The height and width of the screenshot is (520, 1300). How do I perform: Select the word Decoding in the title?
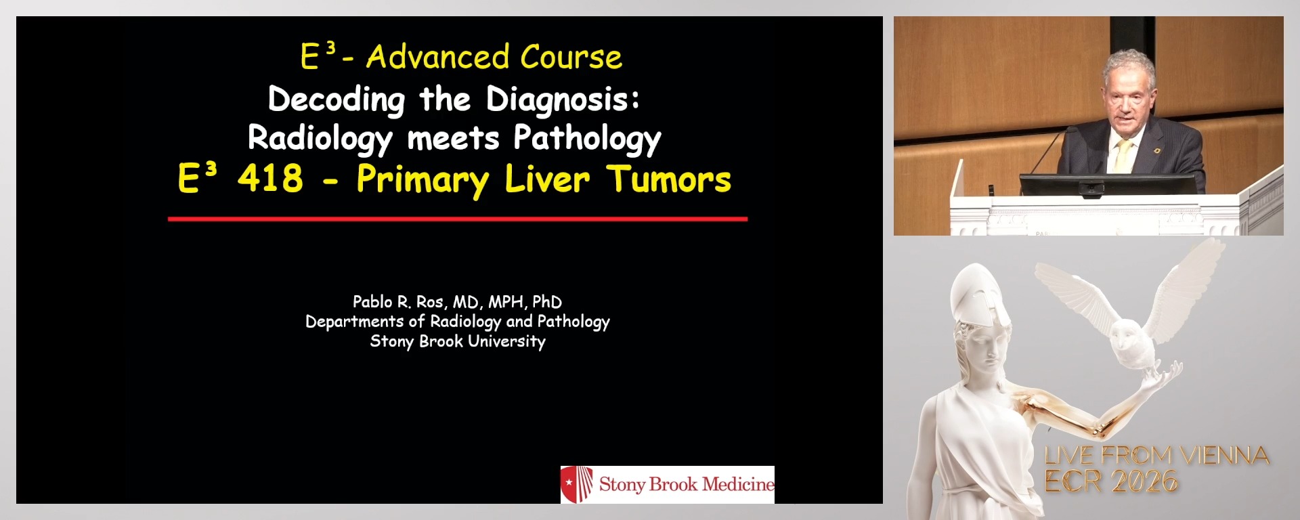pyautogui.click(x=337, y=100)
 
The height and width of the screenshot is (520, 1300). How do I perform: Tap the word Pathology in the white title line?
pyautogui.click(x=587, y=139)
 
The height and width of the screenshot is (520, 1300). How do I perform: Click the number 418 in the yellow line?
pyautogui.click(x=270, y=179)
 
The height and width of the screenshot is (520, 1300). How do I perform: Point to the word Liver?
pyautogui.click(x=547, y=179)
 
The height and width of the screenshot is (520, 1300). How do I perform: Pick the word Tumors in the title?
pyautogui.click(x=669, y=179)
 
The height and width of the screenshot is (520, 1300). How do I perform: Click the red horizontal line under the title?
pyautogui.click(x=458, y=219)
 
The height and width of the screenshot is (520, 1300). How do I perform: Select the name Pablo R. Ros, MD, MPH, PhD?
pyautogui.click(x=457, y=301)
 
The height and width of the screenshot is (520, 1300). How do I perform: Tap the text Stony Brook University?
pyautogui.click(x=458, y=341)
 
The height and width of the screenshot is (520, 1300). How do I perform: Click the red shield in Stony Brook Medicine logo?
pyautogui.click(x=577, y=484)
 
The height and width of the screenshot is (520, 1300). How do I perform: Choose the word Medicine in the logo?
pyautogui.click(x=738, y=484)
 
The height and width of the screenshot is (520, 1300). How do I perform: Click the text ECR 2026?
pyautogui.click(x=1111, y=481)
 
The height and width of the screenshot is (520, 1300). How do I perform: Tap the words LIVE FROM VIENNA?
pyautogui.click(x=1156, y=456)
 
